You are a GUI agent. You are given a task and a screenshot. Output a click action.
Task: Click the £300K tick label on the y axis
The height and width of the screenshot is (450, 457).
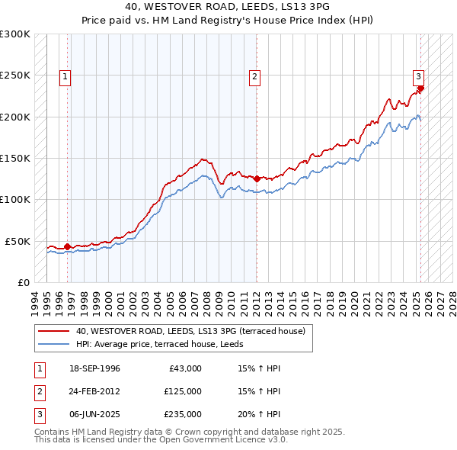(x=15, y=34)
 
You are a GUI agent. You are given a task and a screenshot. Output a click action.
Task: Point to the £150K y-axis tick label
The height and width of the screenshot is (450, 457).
(x=15, y=158)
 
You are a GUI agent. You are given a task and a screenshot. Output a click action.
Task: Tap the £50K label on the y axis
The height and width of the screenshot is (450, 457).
(x=18, y=241)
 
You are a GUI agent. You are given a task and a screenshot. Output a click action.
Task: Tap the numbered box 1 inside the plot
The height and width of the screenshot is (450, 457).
(x=66, y=76)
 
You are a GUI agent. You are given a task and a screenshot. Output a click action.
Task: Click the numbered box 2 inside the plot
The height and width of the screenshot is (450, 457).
(x=254, y=76)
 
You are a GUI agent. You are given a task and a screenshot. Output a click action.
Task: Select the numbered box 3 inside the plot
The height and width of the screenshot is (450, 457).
(x=418, y=76)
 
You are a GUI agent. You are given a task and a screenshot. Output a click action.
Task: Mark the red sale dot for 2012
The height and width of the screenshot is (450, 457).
(x=256, y=178)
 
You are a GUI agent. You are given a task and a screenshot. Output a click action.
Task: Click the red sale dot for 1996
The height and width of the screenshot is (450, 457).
(x=67, y=246)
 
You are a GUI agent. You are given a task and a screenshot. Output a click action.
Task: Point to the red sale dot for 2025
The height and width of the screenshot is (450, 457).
(x=420, y=88)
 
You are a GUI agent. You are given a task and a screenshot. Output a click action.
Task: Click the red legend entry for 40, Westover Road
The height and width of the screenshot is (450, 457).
(x=190, y=331)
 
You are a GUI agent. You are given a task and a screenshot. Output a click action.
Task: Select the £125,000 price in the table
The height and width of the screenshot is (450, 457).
(x=183, y=391)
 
